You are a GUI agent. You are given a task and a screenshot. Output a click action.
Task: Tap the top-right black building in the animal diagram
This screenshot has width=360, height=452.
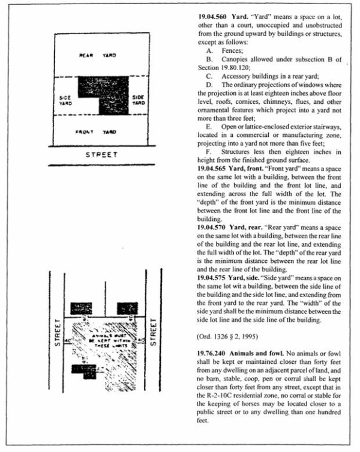pyautogui.click(x=127, y=309)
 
